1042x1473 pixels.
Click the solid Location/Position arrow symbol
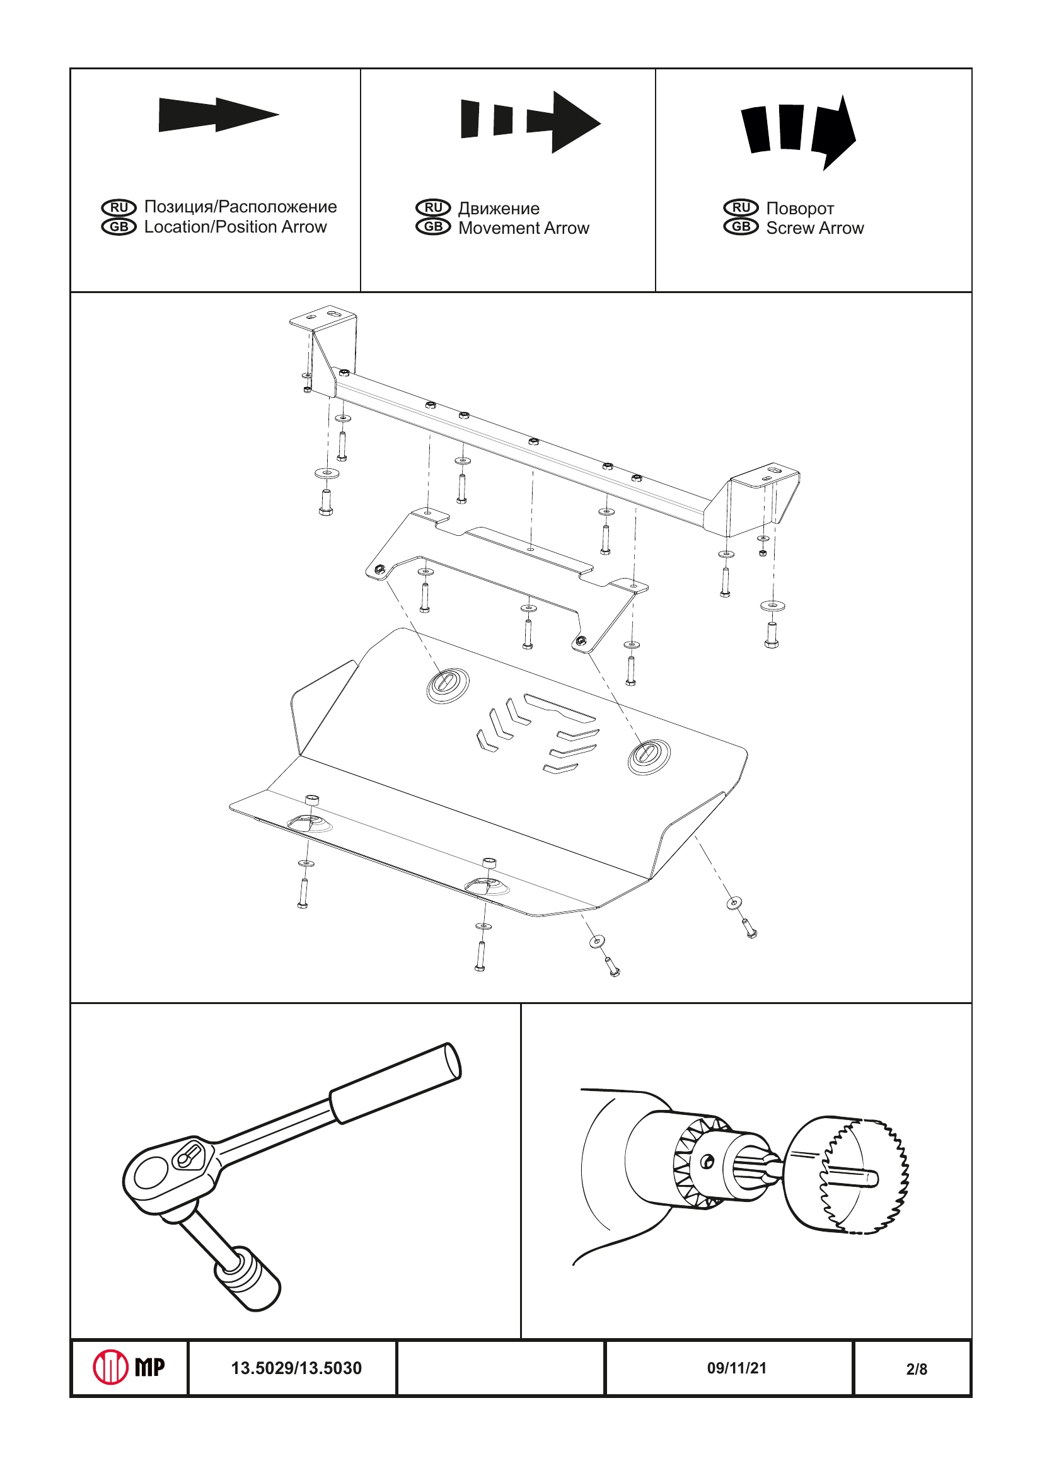click(x=218, y=115)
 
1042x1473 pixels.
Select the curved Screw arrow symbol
click(x=799, y=130)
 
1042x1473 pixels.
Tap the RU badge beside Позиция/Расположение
click(x=119, y=207)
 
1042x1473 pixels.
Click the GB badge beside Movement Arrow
click(x=433, y=227)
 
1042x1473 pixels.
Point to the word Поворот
click(x=799, y=209)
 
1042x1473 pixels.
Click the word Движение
click(x=499, y=209)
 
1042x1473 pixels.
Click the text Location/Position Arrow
click(x=235, y=227)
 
